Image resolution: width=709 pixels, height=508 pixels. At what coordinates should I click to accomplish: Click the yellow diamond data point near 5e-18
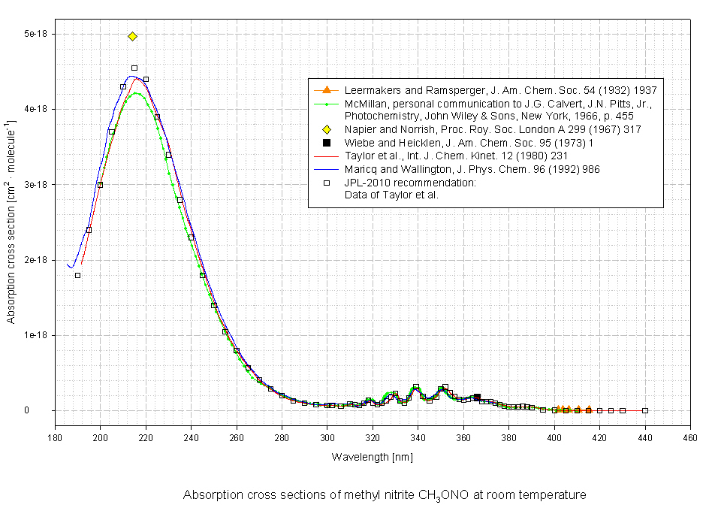[132, 36]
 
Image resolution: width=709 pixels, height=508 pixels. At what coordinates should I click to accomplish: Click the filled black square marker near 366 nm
[477, 397]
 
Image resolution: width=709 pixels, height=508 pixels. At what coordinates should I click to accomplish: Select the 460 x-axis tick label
[690, 438]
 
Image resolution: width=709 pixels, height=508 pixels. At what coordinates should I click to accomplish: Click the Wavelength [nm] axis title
[372, 457]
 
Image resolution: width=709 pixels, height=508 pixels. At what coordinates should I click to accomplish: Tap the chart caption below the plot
[385, 494]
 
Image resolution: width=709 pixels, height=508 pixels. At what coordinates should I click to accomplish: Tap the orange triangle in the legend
[327, 90]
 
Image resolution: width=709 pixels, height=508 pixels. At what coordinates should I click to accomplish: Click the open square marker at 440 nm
[645, 410]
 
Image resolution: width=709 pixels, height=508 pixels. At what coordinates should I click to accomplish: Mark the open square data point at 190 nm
[77, 275]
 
